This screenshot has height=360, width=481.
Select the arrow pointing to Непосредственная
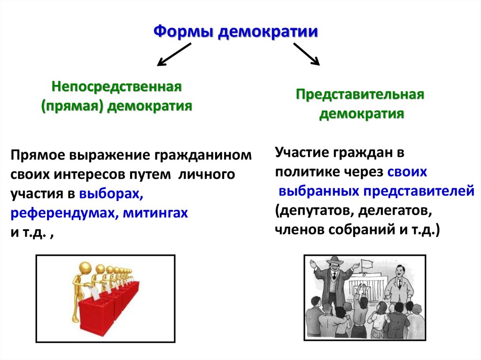[174, 54]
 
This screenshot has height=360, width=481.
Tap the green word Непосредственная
[117, 87]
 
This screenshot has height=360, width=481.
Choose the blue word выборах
[111, 194]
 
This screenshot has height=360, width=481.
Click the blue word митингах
[155, 213]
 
